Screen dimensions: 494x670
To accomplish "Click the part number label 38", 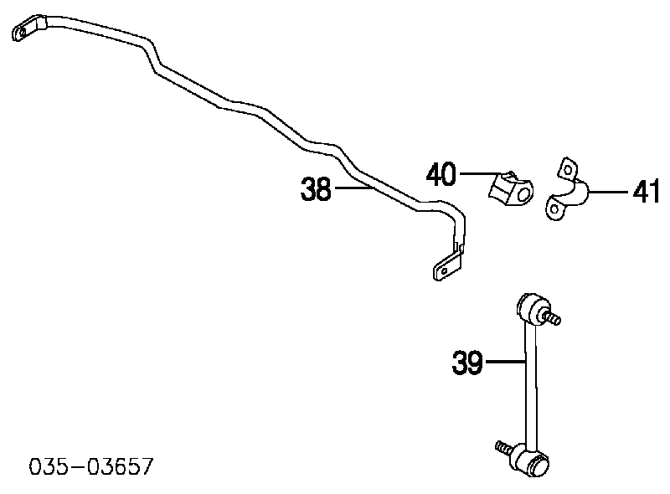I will (x=317, y=191).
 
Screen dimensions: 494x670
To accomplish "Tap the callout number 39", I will (x=466, y=363).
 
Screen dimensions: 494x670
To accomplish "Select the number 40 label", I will (x=441, y=174).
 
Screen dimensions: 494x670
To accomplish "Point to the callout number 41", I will (x=647, y=193).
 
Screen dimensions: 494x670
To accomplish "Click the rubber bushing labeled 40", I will (x=509, y=191).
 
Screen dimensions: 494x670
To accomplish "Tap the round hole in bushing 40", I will (x=523, y=196).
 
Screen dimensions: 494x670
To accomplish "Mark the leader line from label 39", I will (x=505, y=363).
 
